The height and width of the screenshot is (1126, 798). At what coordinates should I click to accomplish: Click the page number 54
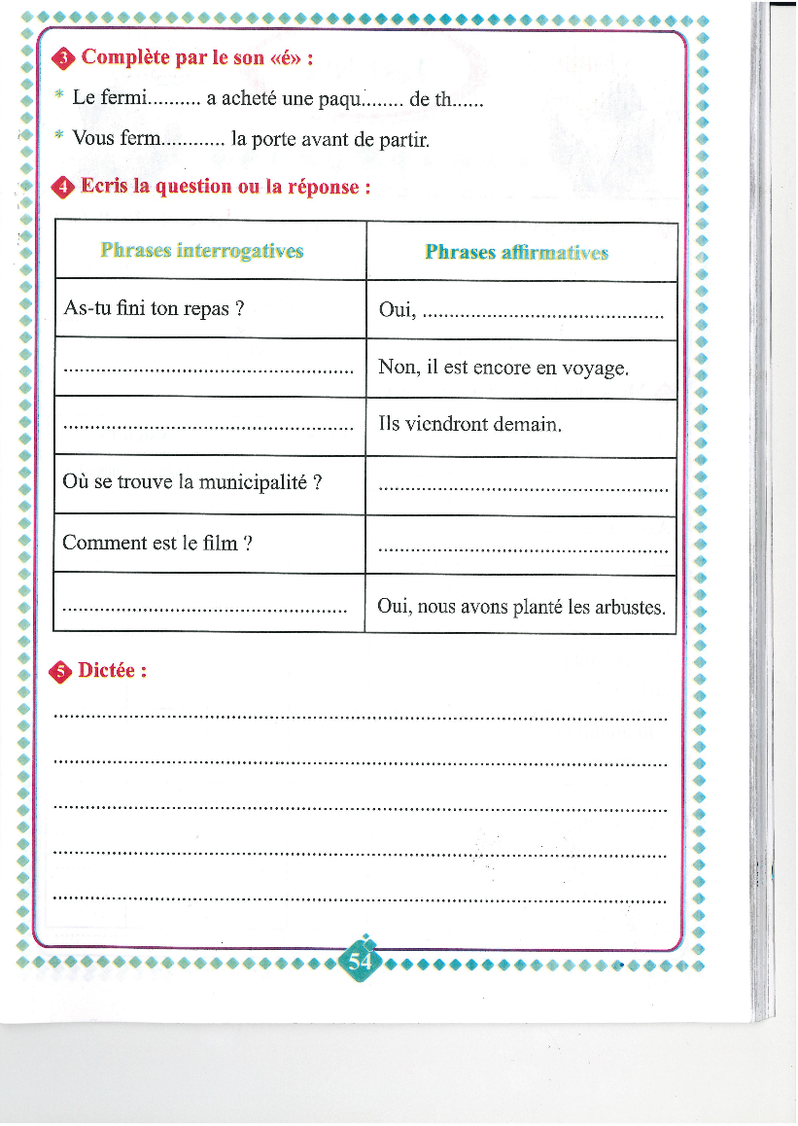tap(361, 962)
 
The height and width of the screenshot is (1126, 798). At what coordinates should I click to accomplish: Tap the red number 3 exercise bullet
tap(64, 59)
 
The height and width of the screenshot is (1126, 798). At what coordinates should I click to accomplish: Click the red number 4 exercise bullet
tap(64, 188)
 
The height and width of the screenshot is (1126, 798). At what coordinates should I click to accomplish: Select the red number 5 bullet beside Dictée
tap(62, 671)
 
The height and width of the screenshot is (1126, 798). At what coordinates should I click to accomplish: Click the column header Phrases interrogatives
tap(202, 251)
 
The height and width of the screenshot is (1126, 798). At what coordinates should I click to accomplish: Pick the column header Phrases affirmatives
tap(516, 253)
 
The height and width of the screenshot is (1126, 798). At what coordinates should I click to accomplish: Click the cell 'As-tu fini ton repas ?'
tap(153, 309)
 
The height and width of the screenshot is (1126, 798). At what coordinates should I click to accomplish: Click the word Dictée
tap(112, 670)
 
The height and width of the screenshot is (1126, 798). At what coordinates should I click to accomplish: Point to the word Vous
tap(94, 139)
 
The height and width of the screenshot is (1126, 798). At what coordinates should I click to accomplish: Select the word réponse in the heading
tap(320, 187)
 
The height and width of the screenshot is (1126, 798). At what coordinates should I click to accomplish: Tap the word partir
tap(404, 140)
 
